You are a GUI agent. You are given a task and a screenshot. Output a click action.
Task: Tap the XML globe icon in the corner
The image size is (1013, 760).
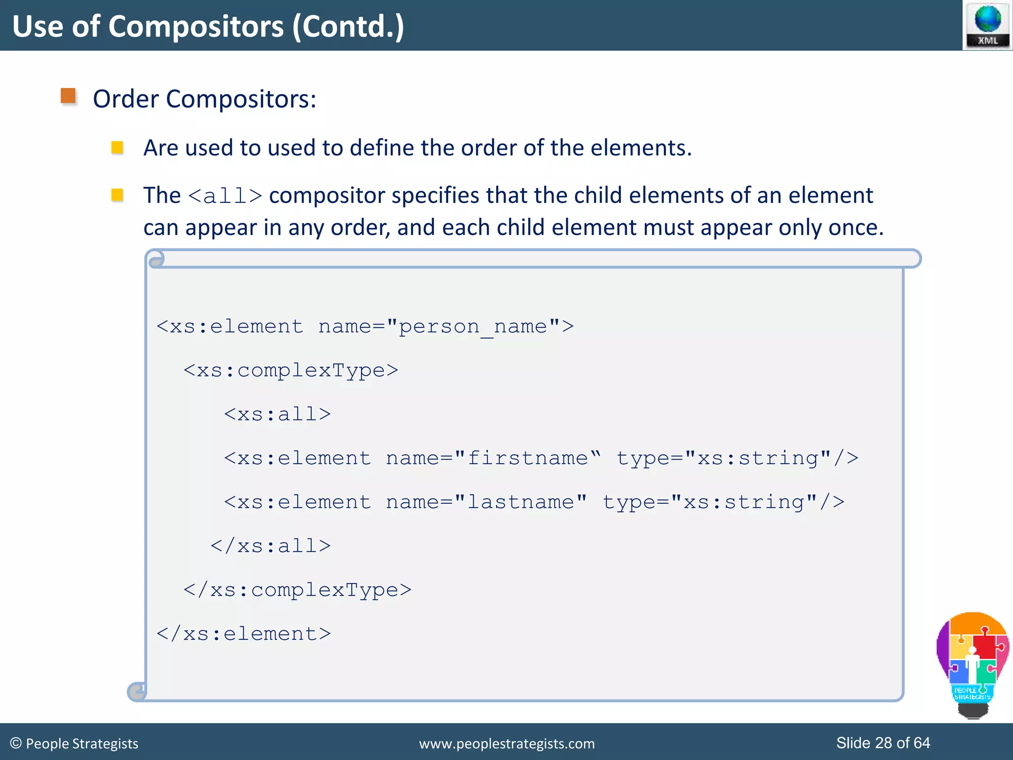[987, 25]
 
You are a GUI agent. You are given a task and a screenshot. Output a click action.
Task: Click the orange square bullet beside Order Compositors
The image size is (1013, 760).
[68, 96]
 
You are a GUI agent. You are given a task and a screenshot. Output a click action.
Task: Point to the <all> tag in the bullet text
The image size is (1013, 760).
[225, 196]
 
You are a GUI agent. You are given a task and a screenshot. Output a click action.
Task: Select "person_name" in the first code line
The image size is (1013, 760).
[473, 327]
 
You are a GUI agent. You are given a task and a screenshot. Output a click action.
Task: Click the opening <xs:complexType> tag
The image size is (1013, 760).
[290, 371]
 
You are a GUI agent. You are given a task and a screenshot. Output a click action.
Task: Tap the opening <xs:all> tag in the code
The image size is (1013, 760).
[277, 414]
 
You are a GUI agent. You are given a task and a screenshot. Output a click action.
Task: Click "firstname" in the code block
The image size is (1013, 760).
[527, 458]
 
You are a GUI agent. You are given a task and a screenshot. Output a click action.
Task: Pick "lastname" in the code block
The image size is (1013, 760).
[520, 502]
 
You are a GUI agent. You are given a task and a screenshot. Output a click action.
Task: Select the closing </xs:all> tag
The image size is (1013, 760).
[271, 546]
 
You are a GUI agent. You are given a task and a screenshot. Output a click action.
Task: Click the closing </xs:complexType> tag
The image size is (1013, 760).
[297, 590]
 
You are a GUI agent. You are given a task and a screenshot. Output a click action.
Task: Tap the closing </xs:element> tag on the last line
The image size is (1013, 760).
[243, 634]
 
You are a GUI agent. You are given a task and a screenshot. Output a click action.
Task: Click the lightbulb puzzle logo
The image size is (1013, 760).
[972, 663]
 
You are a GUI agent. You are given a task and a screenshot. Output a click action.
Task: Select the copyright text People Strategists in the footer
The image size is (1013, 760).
[82, 744]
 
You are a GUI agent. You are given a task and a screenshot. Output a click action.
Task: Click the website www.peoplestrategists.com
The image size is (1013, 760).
[506, 744]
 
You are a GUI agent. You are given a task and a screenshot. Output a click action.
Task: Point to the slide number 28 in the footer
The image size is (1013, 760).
[883, 743]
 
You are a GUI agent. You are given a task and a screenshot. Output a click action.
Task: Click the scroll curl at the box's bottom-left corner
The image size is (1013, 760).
[137, 691]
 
